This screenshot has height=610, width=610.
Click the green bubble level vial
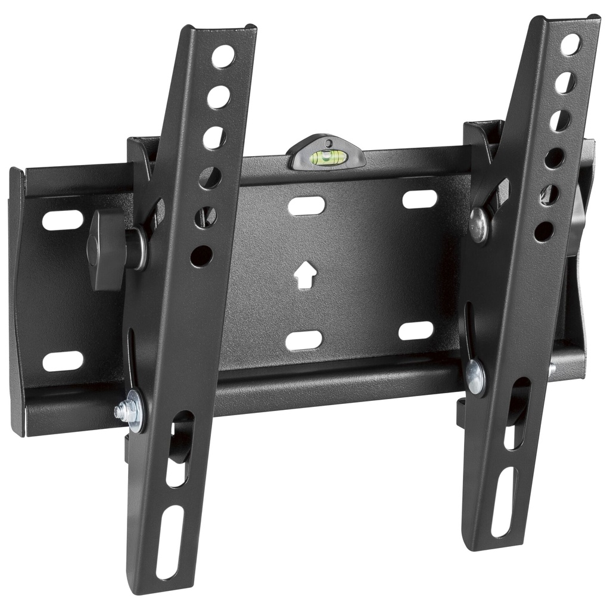(327, 157)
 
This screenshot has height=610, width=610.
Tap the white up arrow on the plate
(305, 275)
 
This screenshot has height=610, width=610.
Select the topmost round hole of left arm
(223, 57)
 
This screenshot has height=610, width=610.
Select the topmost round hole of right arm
(569, 45)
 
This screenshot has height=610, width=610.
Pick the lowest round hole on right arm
(543, 231)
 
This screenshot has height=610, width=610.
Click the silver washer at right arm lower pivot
(475, 376)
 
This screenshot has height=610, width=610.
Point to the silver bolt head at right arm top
(478, 225)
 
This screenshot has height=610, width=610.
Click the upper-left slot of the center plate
(306, 206)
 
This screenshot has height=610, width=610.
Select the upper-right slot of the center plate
(419, 200)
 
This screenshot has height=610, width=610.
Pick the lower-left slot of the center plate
(304, 340)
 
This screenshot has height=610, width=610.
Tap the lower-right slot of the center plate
(416, 331)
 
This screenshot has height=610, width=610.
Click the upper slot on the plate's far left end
(63, 220)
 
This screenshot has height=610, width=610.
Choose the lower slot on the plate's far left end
(63, 361)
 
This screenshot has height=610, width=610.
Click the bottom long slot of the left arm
(169, 542)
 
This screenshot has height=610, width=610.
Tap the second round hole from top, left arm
(219, 97)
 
